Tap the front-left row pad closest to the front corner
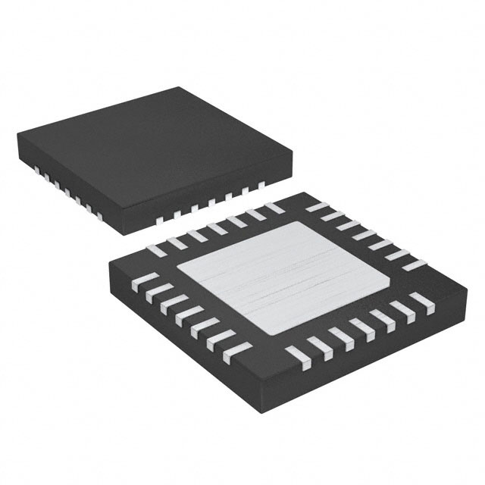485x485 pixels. click(x=239, y=349)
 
